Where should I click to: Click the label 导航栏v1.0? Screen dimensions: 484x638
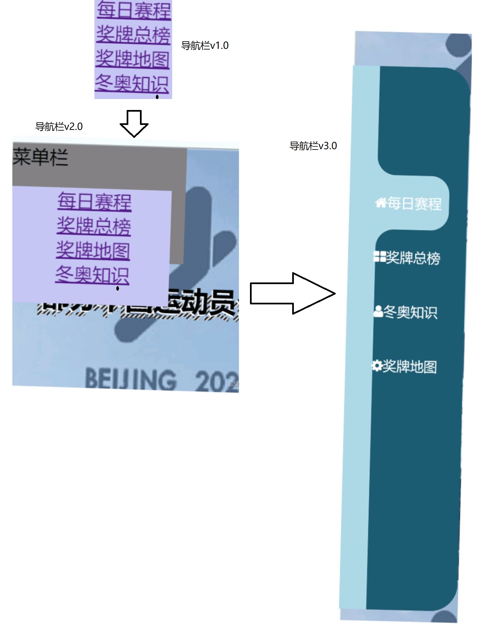coord(205,46)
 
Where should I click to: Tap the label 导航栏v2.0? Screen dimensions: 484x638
coord(59,127)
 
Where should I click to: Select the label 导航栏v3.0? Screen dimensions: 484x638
coord(313,146)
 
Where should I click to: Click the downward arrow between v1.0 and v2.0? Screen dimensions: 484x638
coord(134,124)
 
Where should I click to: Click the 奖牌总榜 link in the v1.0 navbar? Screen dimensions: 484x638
coord(133,35)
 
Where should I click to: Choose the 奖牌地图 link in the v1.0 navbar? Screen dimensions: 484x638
coord(132,59)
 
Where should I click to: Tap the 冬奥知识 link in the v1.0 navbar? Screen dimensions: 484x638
coord(132,83)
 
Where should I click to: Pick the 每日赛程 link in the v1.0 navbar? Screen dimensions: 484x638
coord(134,11)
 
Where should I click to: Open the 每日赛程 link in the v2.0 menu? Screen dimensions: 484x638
coord(94,201)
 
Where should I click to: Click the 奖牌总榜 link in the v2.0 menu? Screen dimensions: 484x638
coord(94,226)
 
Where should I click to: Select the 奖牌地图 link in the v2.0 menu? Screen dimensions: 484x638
coord(93,251)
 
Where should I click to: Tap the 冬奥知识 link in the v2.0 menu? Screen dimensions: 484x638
coord(92,275)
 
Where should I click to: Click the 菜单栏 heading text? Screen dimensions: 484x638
coord(40,157)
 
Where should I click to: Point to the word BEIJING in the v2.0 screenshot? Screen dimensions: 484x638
coord(131,379)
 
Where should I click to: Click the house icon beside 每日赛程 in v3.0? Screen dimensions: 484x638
coord(381,202)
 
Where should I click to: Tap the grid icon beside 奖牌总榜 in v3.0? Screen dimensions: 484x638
coord(379,257)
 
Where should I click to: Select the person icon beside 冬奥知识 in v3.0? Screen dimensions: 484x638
coord(378,311)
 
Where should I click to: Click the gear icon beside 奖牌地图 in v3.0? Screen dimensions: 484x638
coord(377,366)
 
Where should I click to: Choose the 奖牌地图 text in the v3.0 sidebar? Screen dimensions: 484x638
coord(410,367)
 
